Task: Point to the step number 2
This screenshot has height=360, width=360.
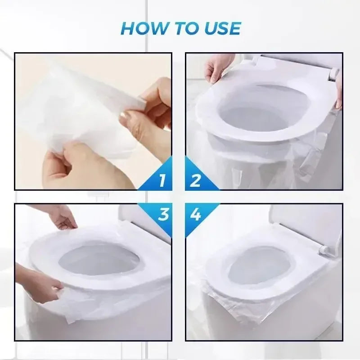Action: (x=195, y=180)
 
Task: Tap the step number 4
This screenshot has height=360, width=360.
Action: (x=195, y=215)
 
